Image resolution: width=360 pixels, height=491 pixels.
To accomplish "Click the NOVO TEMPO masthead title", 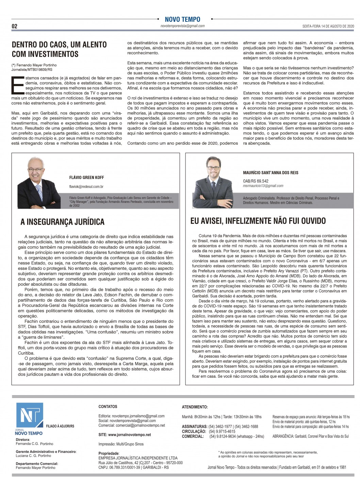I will point(182,19).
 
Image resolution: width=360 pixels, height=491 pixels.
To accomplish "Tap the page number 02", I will point(15,26).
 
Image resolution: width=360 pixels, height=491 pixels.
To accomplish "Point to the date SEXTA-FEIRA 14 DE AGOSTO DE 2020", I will point(328,26).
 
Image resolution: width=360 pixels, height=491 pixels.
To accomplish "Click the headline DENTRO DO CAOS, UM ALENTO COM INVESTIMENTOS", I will point(59,49).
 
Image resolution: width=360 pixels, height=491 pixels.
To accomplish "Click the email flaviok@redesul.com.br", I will point(86,186).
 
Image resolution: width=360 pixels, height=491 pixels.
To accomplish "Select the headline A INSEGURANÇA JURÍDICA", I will point(62,222).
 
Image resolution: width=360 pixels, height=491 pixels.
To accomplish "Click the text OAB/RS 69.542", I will point(256,181).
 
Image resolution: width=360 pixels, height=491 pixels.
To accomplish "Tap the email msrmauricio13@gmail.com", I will point(263,186).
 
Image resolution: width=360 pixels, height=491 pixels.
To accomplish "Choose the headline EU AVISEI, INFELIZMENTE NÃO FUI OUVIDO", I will point(258,221).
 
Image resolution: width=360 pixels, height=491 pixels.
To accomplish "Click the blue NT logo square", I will point(30,415).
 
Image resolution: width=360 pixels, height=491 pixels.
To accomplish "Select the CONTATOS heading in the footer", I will point(108,407).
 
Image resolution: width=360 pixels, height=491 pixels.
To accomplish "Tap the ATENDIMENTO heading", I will point(195,407).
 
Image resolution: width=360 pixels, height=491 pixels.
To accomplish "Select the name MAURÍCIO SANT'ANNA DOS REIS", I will point(271,173).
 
